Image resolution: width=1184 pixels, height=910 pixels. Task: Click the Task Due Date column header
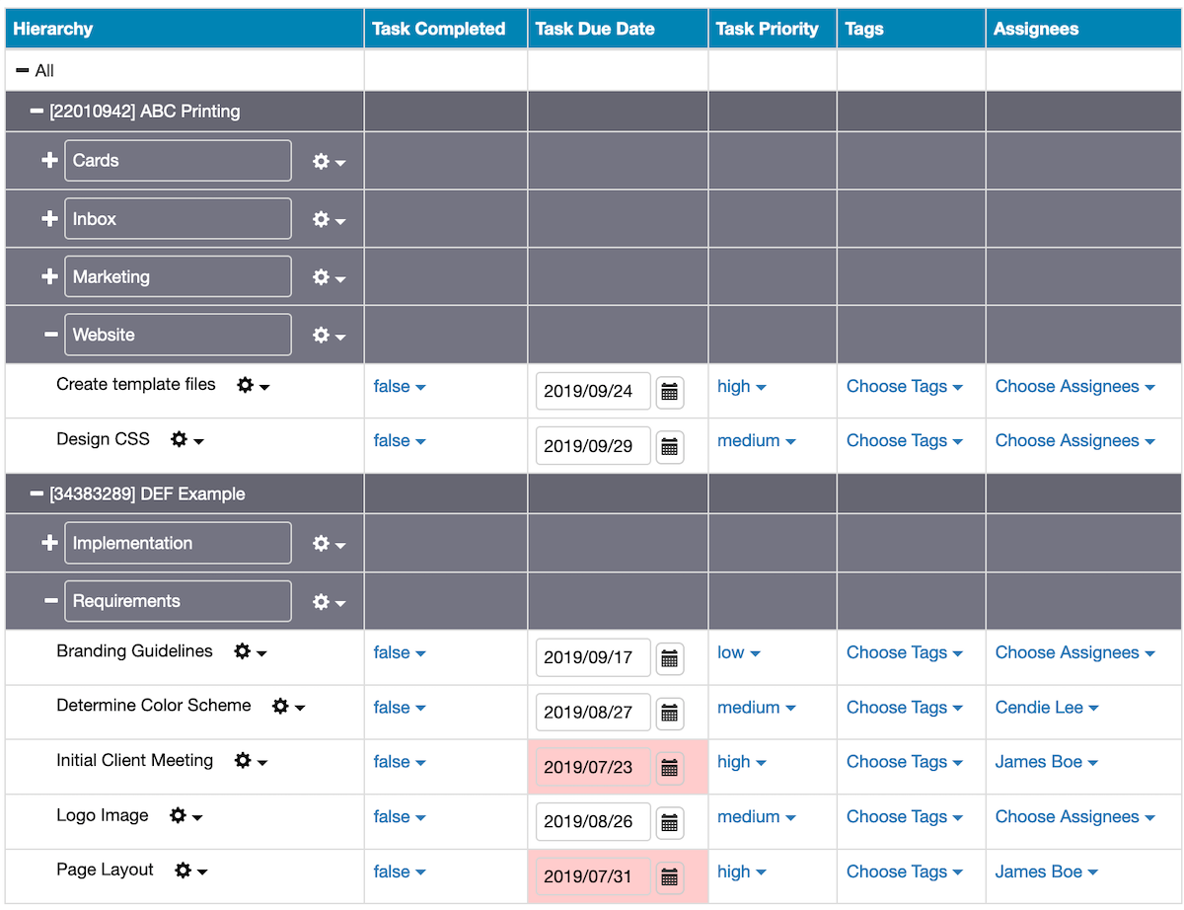click(x=594, y=29)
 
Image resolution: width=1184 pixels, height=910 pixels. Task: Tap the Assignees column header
click(x=1035, y=29)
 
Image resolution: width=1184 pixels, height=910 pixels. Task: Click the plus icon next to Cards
click(x=49, y=160)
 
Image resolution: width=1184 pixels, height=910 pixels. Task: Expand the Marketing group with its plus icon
click(x=49, y=276)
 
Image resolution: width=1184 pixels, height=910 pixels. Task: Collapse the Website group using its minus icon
click(x=50, y=334)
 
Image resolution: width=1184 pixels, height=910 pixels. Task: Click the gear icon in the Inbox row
click(x=321, y=219)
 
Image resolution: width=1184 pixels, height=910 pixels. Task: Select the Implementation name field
click(x=178, y=543)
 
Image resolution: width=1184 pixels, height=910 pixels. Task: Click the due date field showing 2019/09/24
click(x=593, y=391)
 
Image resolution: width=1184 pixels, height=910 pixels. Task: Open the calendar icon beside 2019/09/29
click(x=669, y=446)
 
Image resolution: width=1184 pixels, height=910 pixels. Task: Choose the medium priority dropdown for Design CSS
click(x=756, y=440)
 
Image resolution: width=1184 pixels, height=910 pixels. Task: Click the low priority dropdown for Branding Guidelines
click(x=738, y=652)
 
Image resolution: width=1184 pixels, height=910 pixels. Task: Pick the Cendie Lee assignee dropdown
click(x=1046, y=708)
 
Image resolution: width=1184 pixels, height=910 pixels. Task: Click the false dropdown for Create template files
click(x=399, y=386)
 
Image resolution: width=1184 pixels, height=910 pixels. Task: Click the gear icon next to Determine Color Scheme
click(x=280, y=706)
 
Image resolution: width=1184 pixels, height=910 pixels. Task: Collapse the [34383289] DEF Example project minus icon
click(x=37, y=493)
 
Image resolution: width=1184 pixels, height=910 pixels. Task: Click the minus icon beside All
click(x=23, y=70)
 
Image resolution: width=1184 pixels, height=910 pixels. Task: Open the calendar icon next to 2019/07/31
click(x=669, y=876)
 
